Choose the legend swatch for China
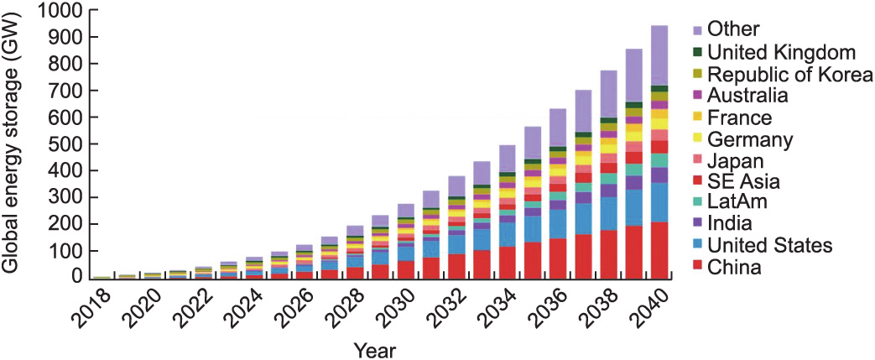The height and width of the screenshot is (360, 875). pyautogui.click(x=699, y=269)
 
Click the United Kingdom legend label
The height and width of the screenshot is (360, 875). pyautogui.click(x=784, y=52)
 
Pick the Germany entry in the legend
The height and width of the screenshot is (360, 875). pyautogui.click(x=749, y=138)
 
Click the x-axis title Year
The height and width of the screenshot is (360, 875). pyautogui.click(x=375, y=347)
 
